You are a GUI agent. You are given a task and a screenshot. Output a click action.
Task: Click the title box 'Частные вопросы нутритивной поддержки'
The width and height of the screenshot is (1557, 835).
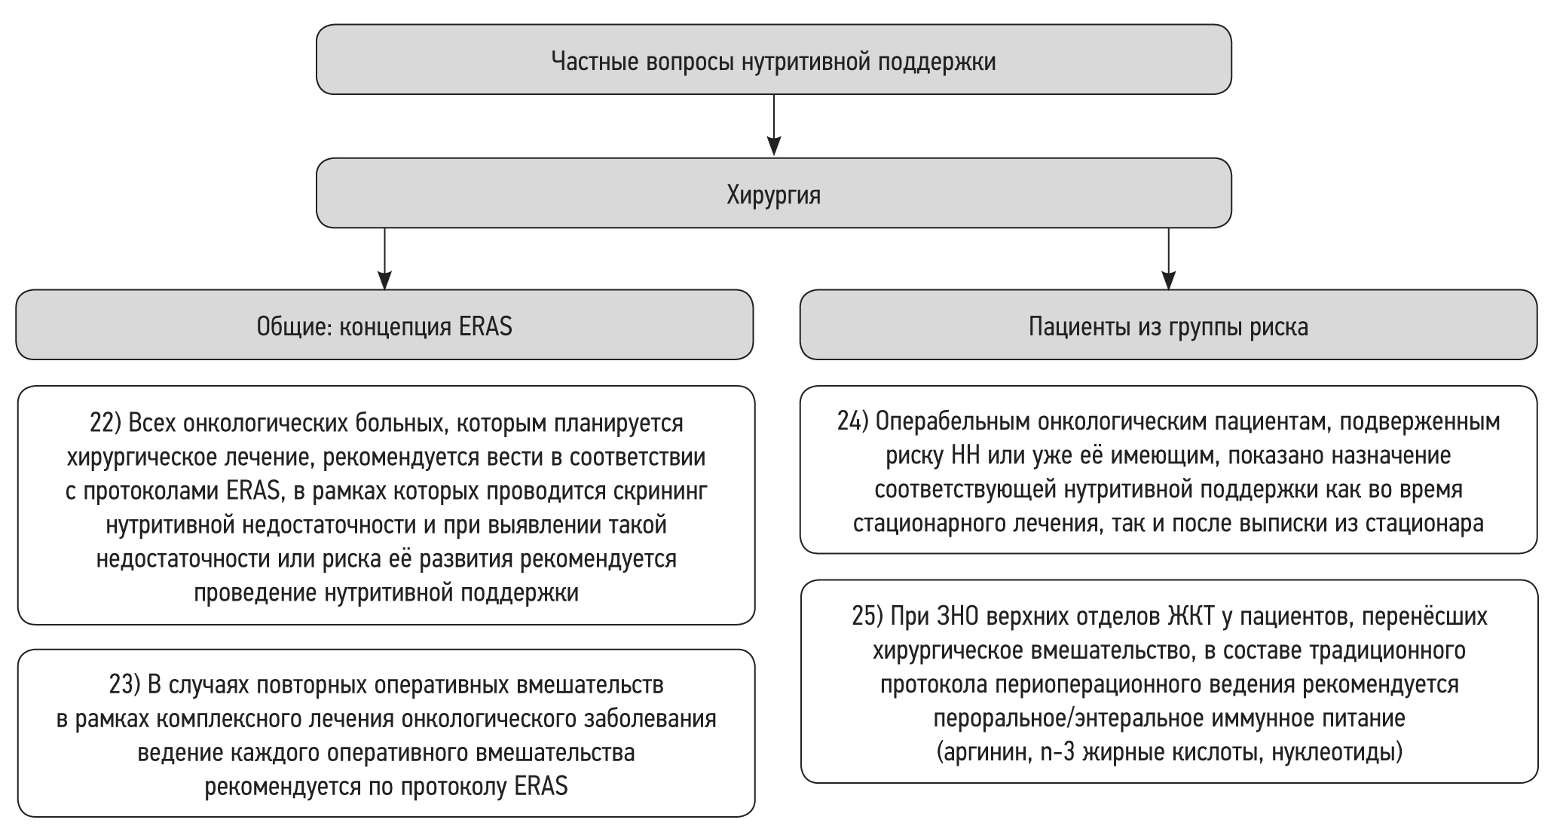[x=773, y=60]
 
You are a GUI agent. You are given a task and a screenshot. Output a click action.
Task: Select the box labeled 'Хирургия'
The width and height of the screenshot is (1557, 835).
[x=773, y=194]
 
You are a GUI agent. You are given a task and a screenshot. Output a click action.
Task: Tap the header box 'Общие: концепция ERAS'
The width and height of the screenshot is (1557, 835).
[x=384, y=326]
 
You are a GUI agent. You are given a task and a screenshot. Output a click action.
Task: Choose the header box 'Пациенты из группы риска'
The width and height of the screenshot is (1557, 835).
[x=1168, y=326]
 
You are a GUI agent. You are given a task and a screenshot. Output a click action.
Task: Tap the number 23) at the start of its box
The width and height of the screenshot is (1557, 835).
[x=125, y=685]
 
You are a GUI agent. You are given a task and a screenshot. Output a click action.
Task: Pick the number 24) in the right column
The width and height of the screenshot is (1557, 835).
[x=852, y=422]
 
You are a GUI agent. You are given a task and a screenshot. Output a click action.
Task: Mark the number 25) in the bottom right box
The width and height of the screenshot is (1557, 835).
[x=867, y=616]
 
